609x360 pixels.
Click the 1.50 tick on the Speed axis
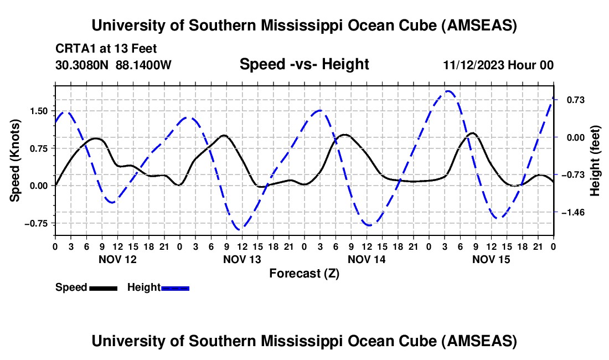[x=39, y=111]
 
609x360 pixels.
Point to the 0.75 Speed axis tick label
[x=39, y=148]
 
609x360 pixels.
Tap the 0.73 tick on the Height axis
[x=572, y=100]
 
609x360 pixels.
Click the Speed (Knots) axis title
[x=16, y=161]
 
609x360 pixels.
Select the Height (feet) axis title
[x=596, y=161]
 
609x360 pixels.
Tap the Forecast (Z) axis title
[x=304, y=273]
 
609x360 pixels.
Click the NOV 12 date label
[x=117, y=259]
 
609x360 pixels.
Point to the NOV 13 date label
[x=242, y=259]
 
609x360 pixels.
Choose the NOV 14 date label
[x=367, y=259]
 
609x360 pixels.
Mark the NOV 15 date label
[x=491, y=259]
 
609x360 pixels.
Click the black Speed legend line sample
[x=103, y=288]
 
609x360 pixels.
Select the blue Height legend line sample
[x=176, y=288]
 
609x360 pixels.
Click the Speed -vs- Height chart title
[x=304, y=64]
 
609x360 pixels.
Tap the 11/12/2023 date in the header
[x=473, y=65]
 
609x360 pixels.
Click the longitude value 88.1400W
[x=144, y=65]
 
